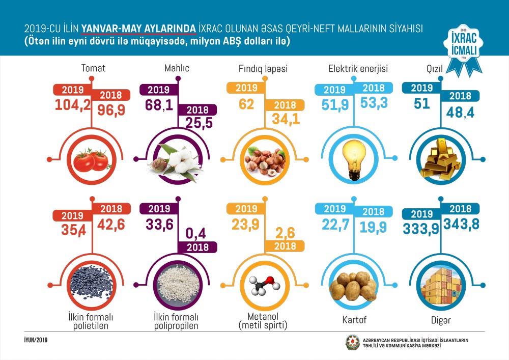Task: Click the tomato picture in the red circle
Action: point(92,161)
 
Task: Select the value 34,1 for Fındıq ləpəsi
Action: point(287,121)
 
